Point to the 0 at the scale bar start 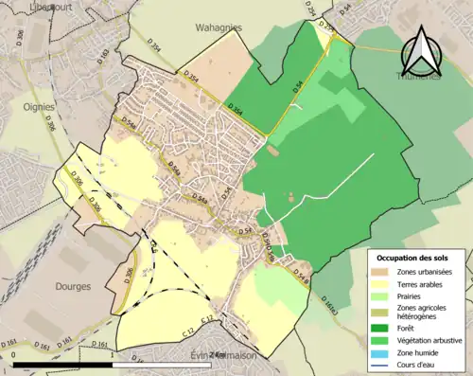pyautogui.click(x=14, y=355)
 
